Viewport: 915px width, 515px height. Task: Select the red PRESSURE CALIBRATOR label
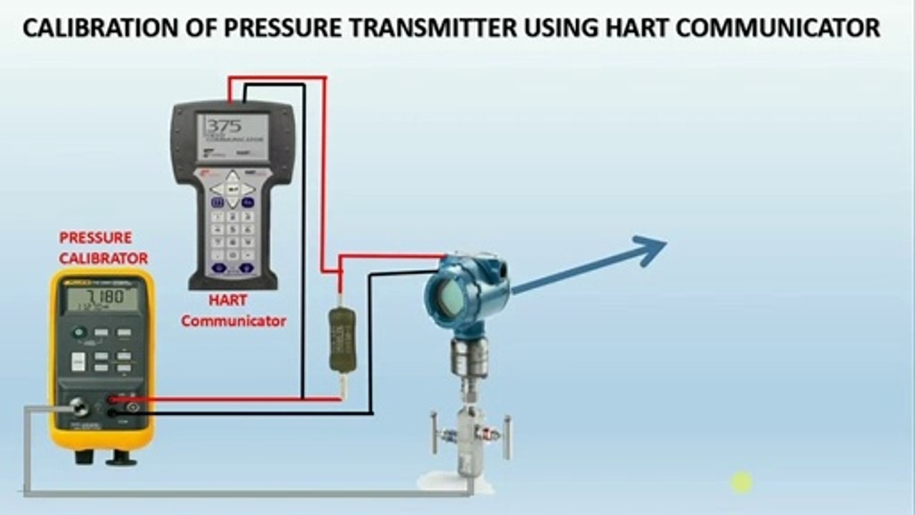click(x=103, y=247)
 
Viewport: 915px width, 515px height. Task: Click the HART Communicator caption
click(x=233, y=311)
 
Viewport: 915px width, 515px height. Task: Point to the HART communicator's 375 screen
click(x=233, y=137)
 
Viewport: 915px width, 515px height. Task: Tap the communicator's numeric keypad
click(x=233, y=229)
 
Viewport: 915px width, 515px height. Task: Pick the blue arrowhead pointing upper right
click(x=651, y=250)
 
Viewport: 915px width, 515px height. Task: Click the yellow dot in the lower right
click(x=741, y=483)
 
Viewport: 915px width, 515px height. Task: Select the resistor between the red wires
click(x=342, y=339)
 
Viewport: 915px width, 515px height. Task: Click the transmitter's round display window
click(x=448, y=296)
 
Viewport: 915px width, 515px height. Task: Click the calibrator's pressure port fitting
click(x=79, y=408)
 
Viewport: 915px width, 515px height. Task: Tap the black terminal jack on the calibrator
click(x=112, y=413)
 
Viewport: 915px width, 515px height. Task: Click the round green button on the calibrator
click(x=79, y=332)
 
